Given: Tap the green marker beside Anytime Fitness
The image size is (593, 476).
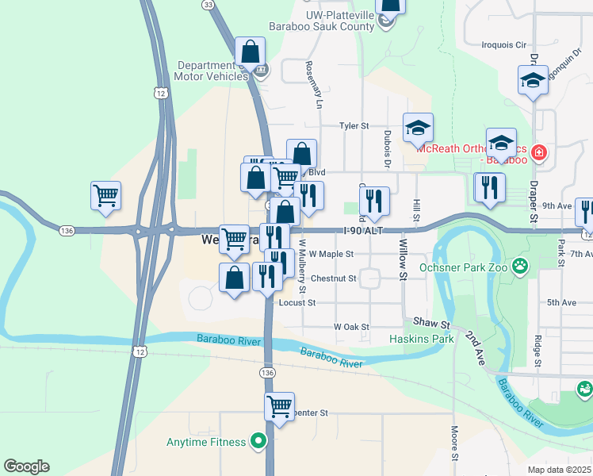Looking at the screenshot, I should point(258,441).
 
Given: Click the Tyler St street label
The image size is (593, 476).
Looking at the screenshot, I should point(354,125).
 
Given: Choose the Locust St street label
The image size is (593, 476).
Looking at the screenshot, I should point(296,302).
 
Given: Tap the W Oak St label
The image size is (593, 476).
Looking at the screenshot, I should point(351,327).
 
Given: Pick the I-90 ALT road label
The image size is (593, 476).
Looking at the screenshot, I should point(364,230).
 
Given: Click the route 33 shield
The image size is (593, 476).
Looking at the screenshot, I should point(209,5).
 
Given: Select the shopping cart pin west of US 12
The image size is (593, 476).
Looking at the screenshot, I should point(106,194).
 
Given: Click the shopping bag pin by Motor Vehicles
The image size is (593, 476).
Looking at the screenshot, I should point(251,52).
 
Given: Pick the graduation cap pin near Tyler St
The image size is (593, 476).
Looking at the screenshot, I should point(419,127).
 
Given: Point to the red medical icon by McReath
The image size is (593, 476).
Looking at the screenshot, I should point(539,151).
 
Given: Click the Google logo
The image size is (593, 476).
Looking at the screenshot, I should point(26,466).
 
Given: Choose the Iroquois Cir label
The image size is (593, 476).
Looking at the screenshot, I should point(504,45).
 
